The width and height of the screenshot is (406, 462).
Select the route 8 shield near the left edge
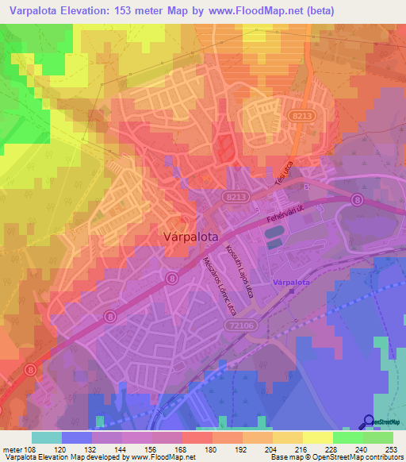(x=29, y=370)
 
